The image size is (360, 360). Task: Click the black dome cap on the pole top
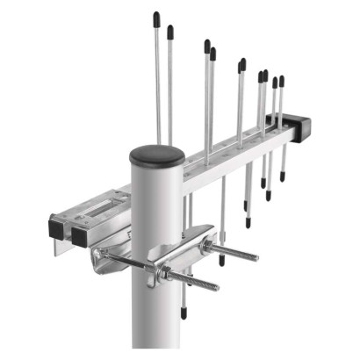tap(156, 156)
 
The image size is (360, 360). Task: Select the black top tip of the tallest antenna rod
tap(156, 18)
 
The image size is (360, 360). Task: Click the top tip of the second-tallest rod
tap(169, 31)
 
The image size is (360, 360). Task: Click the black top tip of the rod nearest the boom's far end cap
tap(281, 81)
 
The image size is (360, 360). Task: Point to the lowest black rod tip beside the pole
tap(184, 312)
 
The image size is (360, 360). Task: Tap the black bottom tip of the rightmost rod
tap(283, 176)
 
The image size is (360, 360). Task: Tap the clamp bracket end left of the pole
tap(99, 257)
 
